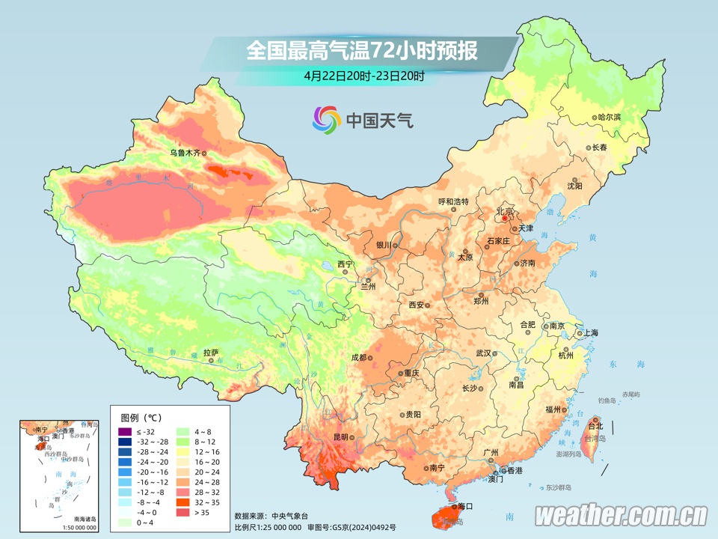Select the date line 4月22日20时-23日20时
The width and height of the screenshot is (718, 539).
click(364, 76)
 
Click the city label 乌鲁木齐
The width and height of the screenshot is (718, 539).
click(185, 153)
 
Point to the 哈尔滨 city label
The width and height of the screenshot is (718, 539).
click(610, 118)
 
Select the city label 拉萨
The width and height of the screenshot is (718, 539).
click(211, 352)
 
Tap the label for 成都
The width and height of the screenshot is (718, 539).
click(358, 358)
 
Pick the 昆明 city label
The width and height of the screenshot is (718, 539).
click(341, 436)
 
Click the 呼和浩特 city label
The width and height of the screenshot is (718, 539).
click(452, 201)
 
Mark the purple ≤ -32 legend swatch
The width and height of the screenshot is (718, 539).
click(125, 432)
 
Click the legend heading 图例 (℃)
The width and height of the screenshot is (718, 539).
click(141, 417)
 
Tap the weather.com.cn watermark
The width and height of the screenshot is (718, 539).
click(621, 515)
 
